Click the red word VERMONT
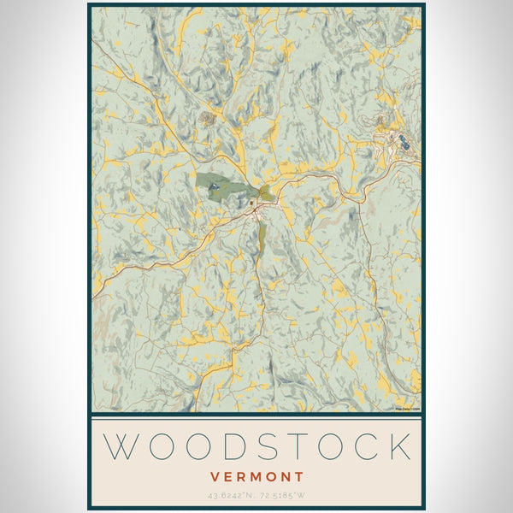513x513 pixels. tap(256, 475)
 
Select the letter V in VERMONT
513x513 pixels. tap(215, 475)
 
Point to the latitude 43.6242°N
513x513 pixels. tap(231, 494)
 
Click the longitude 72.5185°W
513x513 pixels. tap(283, 494)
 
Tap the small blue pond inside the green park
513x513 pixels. tap(213, 183)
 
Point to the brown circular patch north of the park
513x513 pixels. tap(207, 118)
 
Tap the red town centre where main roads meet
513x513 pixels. tap(255, 207)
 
